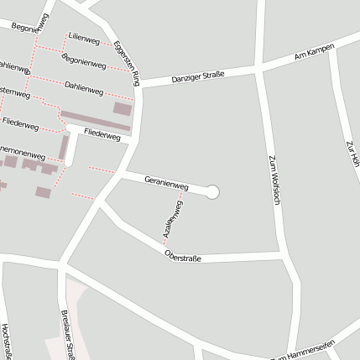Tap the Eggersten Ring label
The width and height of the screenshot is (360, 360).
tap(127, 62)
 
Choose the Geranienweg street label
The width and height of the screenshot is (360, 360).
tap(166, 181)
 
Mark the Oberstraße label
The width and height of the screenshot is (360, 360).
tap(182, 256)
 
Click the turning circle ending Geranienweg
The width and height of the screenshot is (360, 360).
tap(212, 192)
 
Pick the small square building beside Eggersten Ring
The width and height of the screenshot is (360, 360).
tap(123, 108)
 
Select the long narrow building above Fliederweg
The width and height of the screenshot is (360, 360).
tap(95, 121)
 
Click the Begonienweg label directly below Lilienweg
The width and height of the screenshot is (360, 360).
tap(84, 60)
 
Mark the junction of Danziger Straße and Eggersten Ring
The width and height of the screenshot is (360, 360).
tap(139, 84)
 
